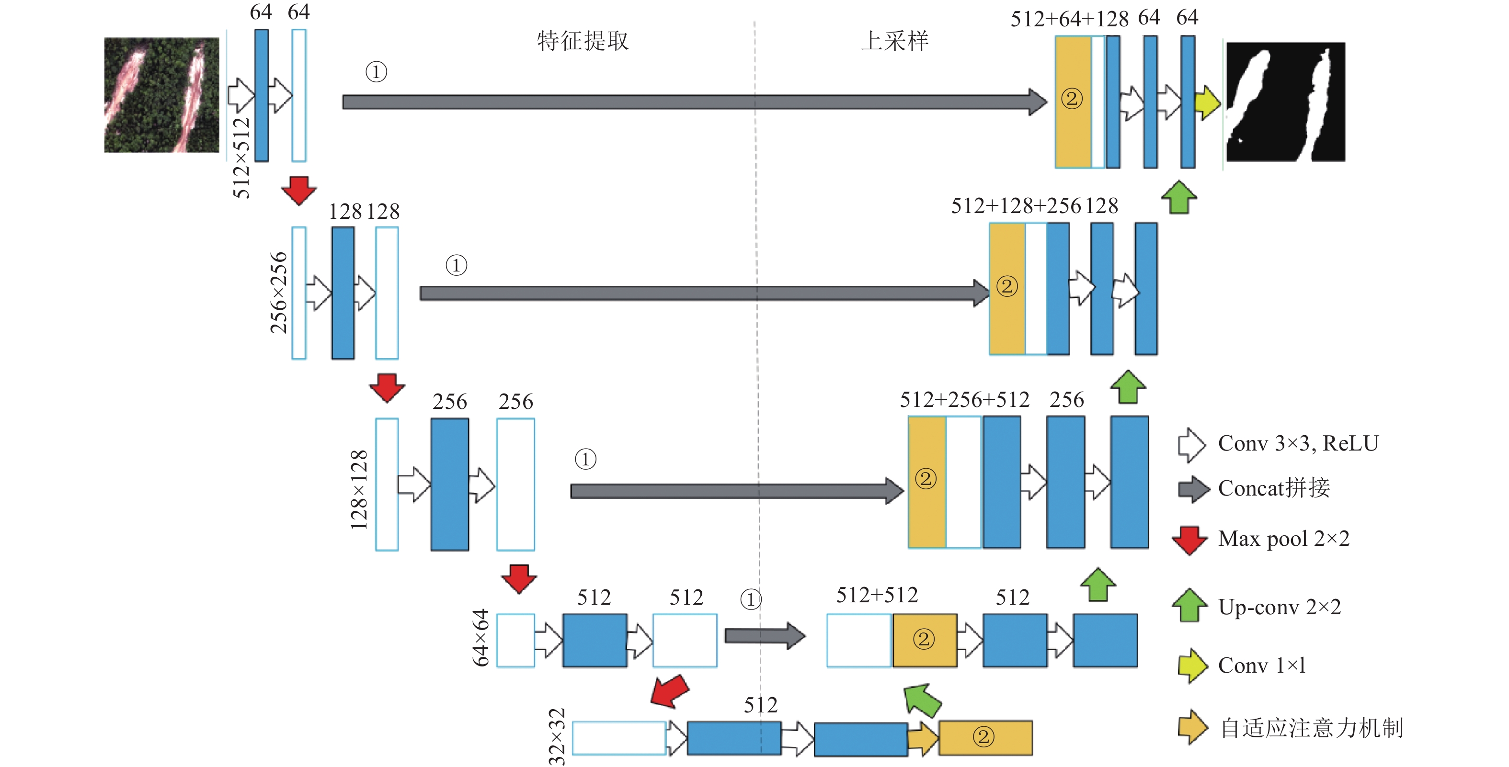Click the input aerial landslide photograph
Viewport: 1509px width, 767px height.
point(162,95)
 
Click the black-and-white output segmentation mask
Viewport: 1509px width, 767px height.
point(1286,102)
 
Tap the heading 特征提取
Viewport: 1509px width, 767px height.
point(583,41)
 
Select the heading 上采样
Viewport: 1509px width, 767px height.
point(895,41)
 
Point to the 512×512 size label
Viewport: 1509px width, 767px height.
point(241,158)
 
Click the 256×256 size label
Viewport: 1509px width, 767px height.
point(279,293)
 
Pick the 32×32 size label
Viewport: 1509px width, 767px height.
point(557,736)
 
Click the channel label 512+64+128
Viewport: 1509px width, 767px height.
point(1070,19)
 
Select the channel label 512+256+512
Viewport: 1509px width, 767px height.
point(965,400)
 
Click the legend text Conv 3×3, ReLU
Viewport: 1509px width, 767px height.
point(1299,444)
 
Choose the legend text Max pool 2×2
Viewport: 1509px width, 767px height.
point(1284,539)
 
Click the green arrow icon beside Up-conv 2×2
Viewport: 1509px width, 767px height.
point(1189,605)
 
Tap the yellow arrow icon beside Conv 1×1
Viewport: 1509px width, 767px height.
point(1193,665)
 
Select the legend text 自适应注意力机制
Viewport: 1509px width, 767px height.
point(1312,728)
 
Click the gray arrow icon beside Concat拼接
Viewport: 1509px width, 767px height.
point(1194,489)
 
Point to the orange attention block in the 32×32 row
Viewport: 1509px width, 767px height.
point(985,738)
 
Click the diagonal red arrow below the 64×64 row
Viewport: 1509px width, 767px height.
point(670,691)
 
